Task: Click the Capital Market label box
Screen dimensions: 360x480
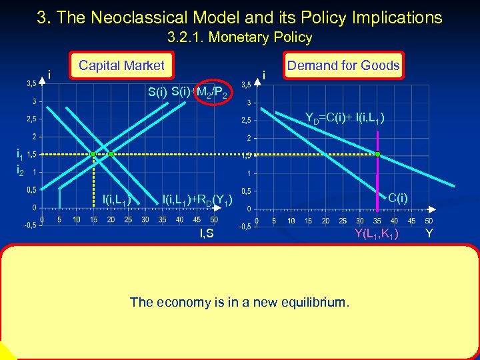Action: pos(121,65)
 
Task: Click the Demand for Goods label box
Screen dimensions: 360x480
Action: pos(343,65)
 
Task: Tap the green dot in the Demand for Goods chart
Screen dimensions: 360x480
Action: pos(377,154)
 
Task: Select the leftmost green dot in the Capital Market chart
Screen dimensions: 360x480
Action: pos(94,154)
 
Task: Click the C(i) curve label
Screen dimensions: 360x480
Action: pos(399,197)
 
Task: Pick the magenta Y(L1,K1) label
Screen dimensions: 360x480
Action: pos(377,233)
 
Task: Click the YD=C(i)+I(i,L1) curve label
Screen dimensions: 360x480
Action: pos(345,119)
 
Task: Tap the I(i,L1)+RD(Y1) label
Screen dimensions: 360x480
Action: pos(197,199)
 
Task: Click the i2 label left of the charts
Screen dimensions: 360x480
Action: pos(20,171)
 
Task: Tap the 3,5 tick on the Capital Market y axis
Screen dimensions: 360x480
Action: pos(31,84)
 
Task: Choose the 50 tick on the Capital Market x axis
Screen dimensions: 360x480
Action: pos(214,219)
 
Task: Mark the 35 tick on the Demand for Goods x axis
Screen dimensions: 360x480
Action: pos(377,221)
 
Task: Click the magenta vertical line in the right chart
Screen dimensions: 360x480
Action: pos(377,180)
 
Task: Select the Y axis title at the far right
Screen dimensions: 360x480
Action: pos(429,233)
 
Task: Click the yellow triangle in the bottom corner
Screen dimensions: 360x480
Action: pos(6,351)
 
